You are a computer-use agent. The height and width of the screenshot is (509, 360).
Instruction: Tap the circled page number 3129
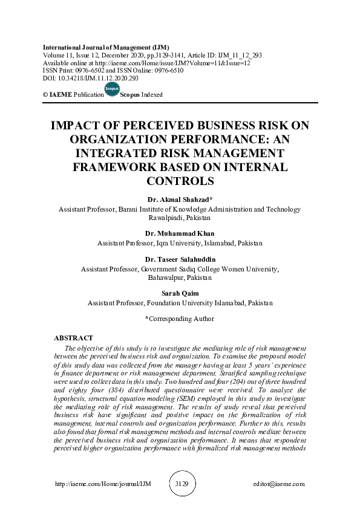pyautogui.click(x=181, y=484)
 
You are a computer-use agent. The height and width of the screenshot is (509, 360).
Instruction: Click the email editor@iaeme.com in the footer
pyautogui.click(x=279, y=484)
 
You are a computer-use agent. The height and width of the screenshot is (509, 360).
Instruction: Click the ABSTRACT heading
pyautogui.click(x=73, y=338)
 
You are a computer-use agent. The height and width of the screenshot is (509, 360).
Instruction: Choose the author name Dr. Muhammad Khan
pyautogui.click(x=180, y=233)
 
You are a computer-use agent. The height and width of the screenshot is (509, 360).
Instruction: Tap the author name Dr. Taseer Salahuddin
pyautogui.click(x=180, y=260)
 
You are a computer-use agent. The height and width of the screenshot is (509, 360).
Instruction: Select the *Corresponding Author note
pyautogui.click(x=180, y=318)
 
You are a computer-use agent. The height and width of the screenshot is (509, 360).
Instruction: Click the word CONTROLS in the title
pyautogui.click(x=180, y=180)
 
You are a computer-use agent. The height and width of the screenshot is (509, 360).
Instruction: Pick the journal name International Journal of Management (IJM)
pyautogui.click(x=106, y=47)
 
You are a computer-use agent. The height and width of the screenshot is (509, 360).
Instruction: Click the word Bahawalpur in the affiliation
pyautogui.click(x=167, y=279)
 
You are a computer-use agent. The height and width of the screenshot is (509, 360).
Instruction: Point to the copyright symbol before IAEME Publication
pyautogui.click(x=45, y=95)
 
